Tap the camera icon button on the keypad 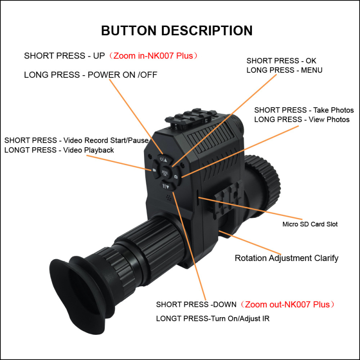175,177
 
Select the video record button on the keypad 154,170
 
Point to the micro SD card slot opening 198,194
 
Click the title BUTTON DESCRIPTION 177,31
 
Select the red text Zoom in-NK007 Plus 153,56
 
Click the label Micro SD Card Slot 310,224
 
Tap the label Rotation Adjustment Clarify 287,258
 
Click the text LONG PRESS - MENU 284,70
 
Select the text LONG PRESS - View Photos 302,119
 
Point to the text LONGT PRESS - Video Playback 59,150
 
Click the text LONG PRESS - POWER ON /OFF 90,75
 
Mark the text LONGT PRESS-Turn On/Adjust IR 213,319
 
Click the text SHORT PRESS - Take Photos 304,110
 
